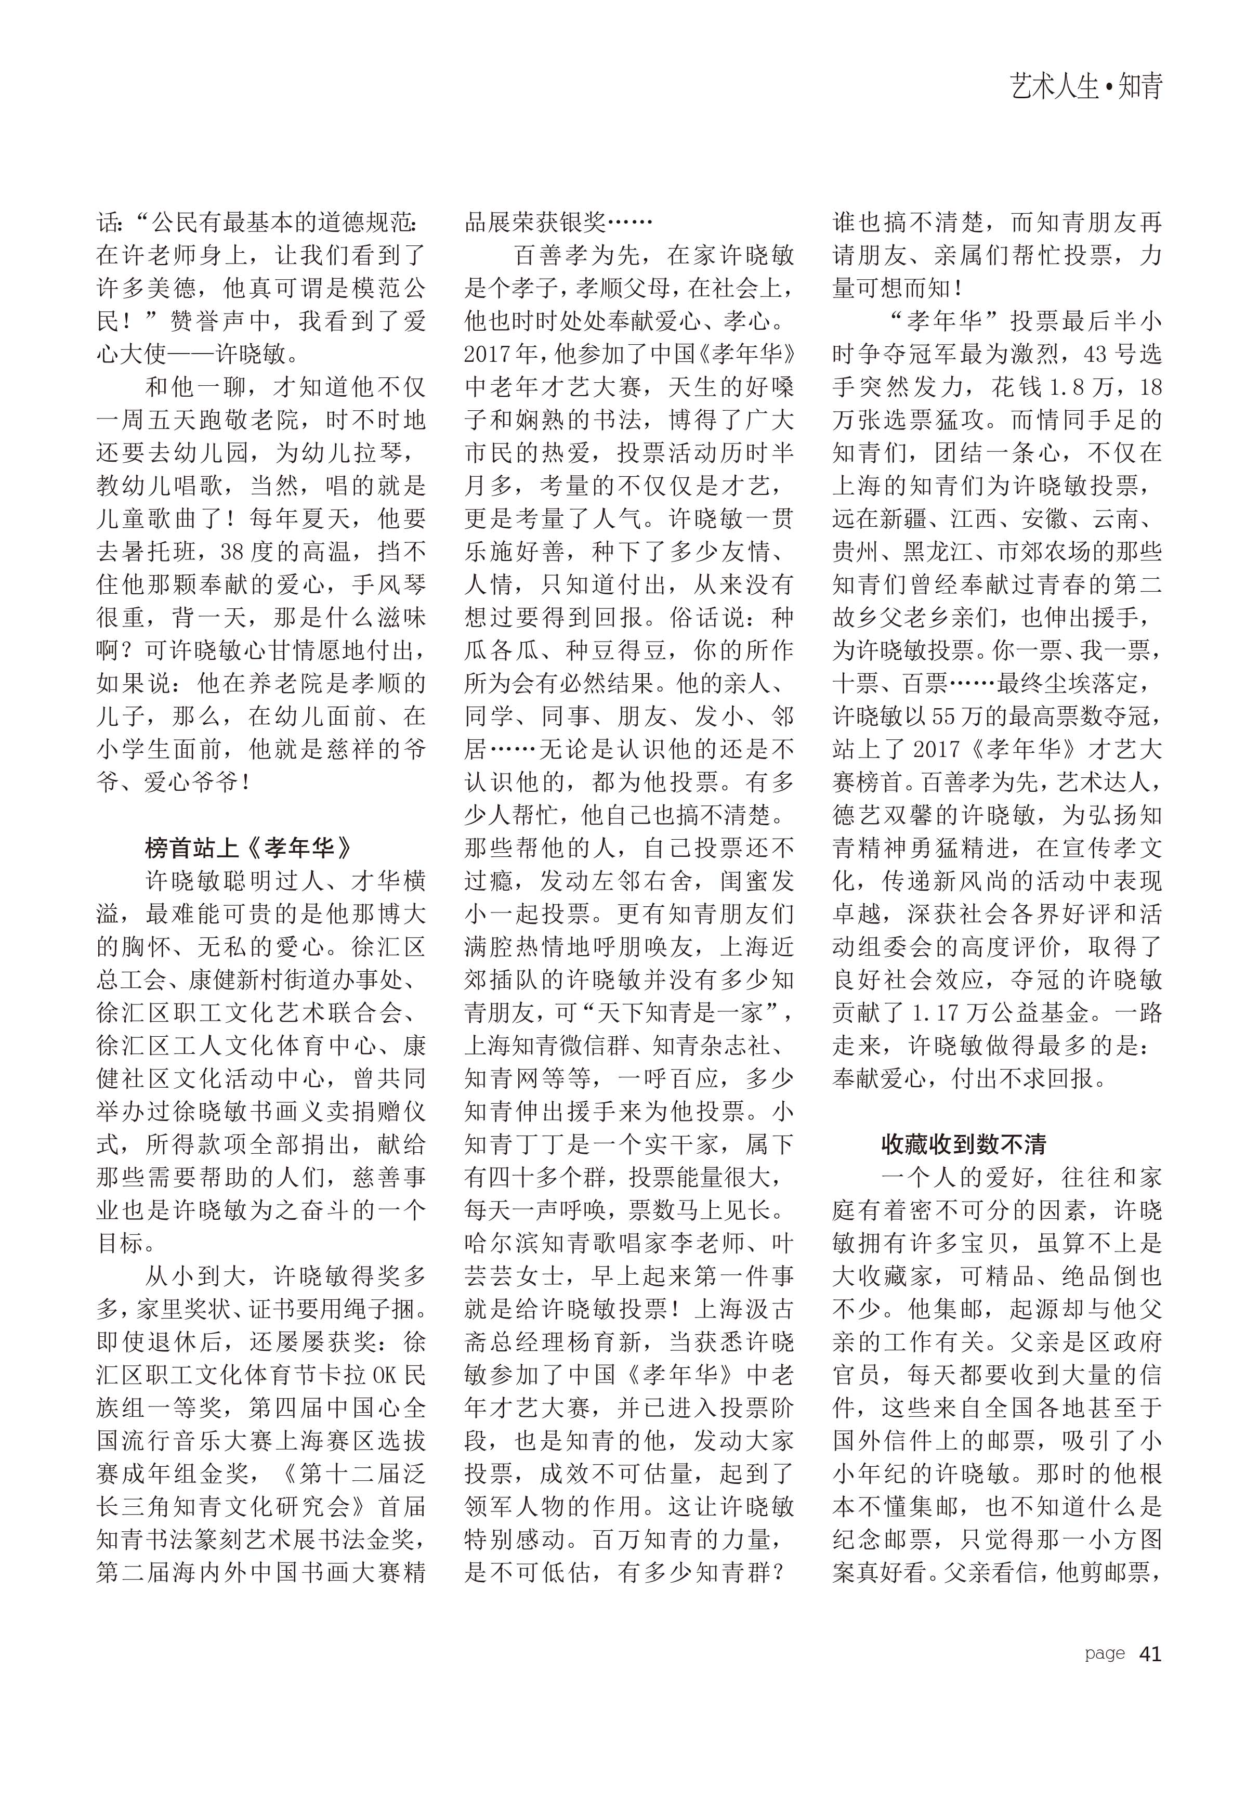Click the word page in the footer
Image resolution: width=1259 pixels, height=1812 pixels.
tap(1105, 1653)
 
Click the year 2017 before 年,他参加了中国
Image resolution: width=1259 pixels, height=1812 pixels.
tap(488, 354)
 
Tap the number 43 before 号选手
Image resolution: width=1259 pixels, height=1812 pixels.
tap(1096, 354)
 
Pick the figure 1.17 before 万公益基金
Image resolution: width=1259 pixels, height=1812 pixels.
tap(939, 1013)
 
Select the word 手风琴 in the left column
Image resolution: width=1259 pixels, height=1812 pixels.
tap(389, 584)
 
